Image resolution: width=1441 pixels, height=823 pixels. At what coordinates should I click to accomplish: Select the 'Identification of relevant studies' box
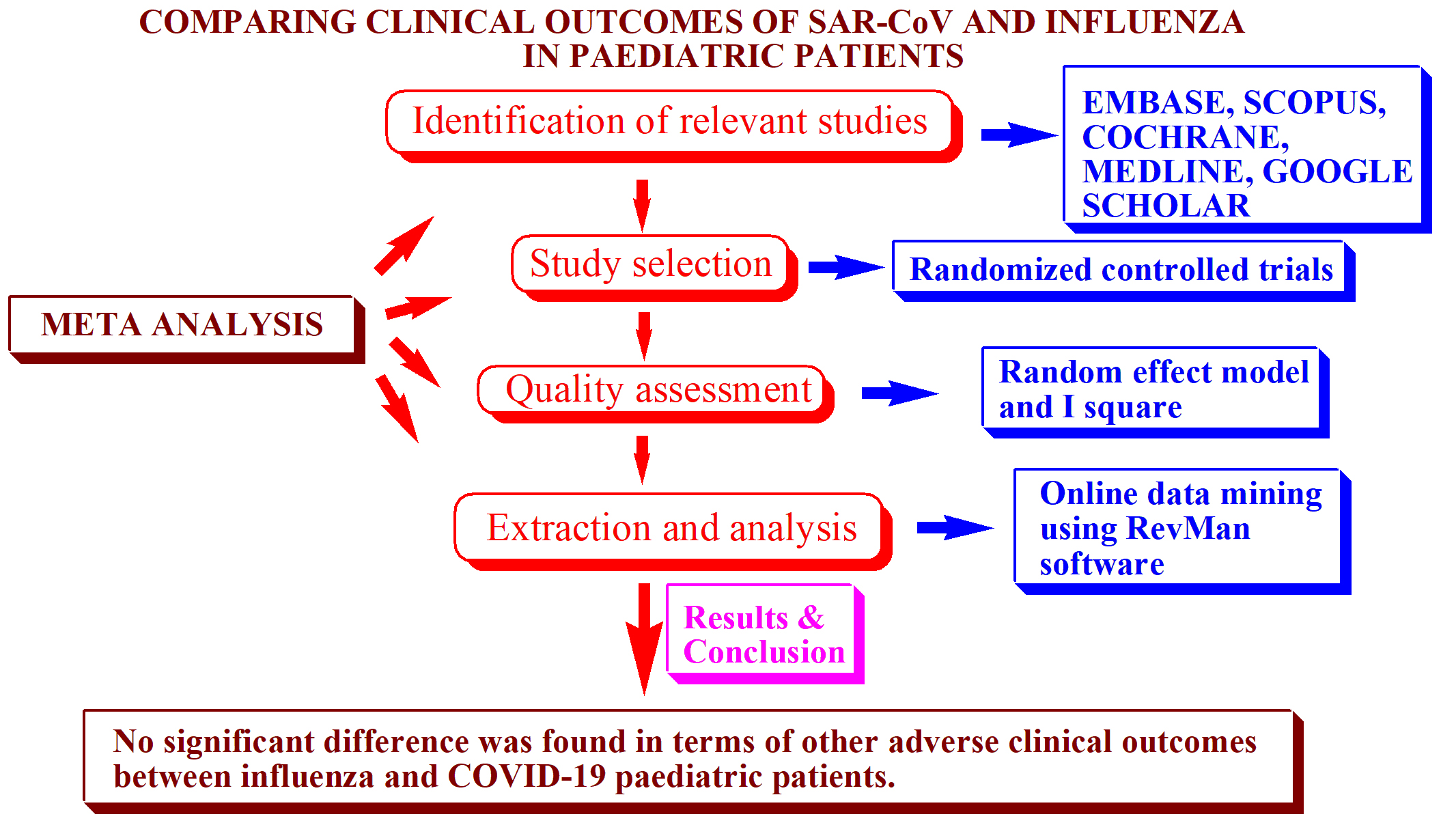669,122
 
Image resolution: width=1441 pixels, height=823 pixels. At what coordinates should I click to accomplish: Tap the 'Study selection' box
650,264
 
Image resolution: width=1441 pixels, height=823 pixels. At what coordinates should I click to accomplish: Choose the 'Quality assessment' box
657,390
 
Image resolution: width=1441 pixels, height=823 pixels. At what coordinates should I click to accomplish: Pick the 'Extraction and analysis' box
671,528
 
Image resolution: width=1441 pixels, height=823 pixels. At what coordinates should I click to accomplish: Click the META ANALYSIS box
182,324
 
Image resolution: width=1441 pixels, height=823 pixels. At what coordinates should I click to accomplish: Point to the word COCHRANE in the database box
1185,137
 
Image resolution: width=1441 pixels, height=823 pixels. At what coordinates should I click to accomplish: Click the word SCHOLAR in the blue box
1166,206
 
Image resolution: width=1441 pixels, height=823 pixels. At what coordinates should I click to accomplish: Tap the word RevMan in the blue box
1188,529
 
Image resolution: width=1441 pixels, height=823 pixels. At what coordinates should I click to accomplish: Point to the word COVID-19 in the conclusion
527,777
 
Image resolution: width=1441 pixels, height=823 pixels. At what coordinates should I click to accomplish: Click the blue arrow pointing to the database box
1018,135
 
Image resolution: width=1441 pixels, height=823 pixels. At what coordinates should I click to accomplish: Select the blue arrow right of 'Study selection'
845,267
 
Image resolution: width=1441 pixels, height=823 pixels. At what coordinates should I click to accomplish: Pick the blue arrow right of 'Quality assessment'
898,393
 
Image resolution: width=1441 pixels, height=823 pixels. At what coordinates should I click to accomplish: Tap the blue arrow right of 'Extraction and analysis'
953,527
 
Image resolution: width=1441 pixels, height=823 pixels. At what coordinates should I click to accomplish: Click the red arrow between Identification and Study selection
642,204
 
